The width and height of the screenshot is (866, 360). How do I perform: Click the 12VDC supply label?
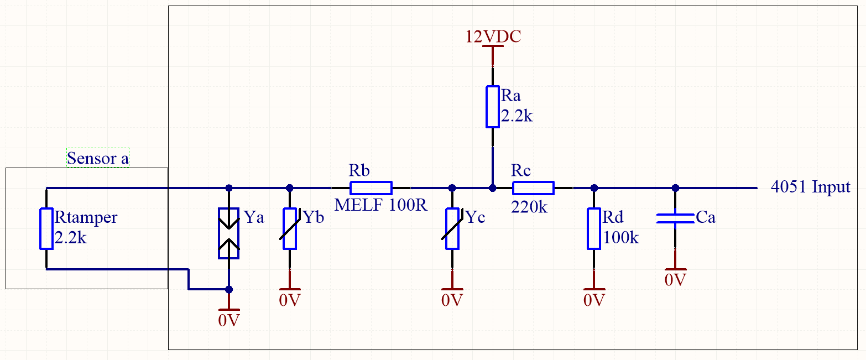(x=493, y=37)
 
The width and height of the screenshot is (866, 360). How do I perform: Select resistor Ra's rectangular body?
(x=492, y=107)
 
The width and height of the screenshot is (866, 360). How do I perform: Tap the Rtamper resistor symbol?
(x=46, y=228)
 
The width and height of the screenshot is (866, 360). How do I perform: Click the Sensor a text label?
(x=98, y=159)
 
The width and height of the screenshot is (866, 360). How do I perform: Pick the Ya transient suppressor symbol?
(x=228, y=233)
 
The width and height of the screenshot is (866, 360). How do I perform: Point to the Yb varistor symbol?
(x=289, y=228)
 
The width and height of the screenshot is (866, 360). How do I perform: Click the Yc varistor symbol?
(x=452, y=228)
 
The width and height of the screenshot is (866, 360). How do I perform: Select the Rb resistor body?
(x=371, y=187)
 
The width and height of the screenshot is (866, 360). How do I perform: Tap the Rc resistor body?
(x=533, y=188)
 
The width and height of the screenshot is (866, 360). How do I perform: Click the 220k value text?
(x=530, y=207)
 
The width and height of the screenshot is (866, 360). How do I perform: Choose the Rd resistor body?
(x=594, y=228)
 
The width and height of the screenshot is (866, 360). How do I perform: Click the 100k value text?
(x=621, y=238)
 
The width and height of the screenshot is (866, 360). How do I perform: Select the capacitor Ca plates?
(x=675, y=218)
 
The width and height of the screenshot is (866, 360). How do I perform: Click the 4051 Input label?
(x=810, y=187)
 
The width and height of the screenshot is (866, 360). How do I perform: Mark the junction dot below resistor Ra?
(x=492, y=188)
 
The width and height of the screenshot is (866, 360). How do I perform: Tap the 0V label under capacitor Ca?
(x=675, y=279)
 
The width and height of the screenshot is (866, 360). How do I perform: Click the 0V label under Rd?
(x=594, y=300)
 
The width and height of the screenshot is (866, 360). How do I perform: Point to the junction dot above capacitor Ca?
(x=675, y=188)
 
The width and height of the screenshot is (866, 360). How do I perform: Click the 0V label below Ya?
(x=228, y=320)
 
